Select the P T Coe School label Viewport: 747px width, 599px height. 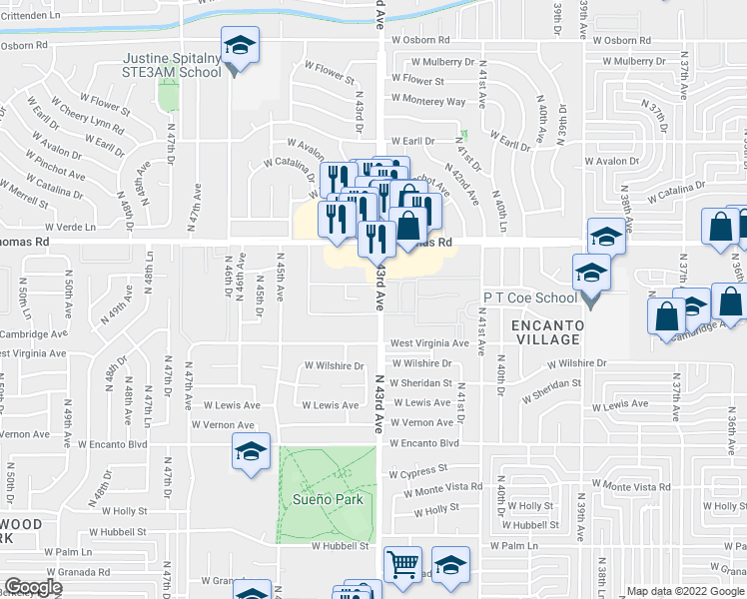(530, 298)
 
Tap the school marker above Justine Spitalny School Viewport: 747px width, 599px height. (239, 46)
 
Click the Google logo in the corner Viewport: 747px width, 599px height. (33, 587)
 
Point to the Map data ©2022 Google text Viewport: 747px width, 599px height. (683, 591)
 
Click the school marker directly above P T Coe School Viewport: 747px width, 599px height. (605, 238)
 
